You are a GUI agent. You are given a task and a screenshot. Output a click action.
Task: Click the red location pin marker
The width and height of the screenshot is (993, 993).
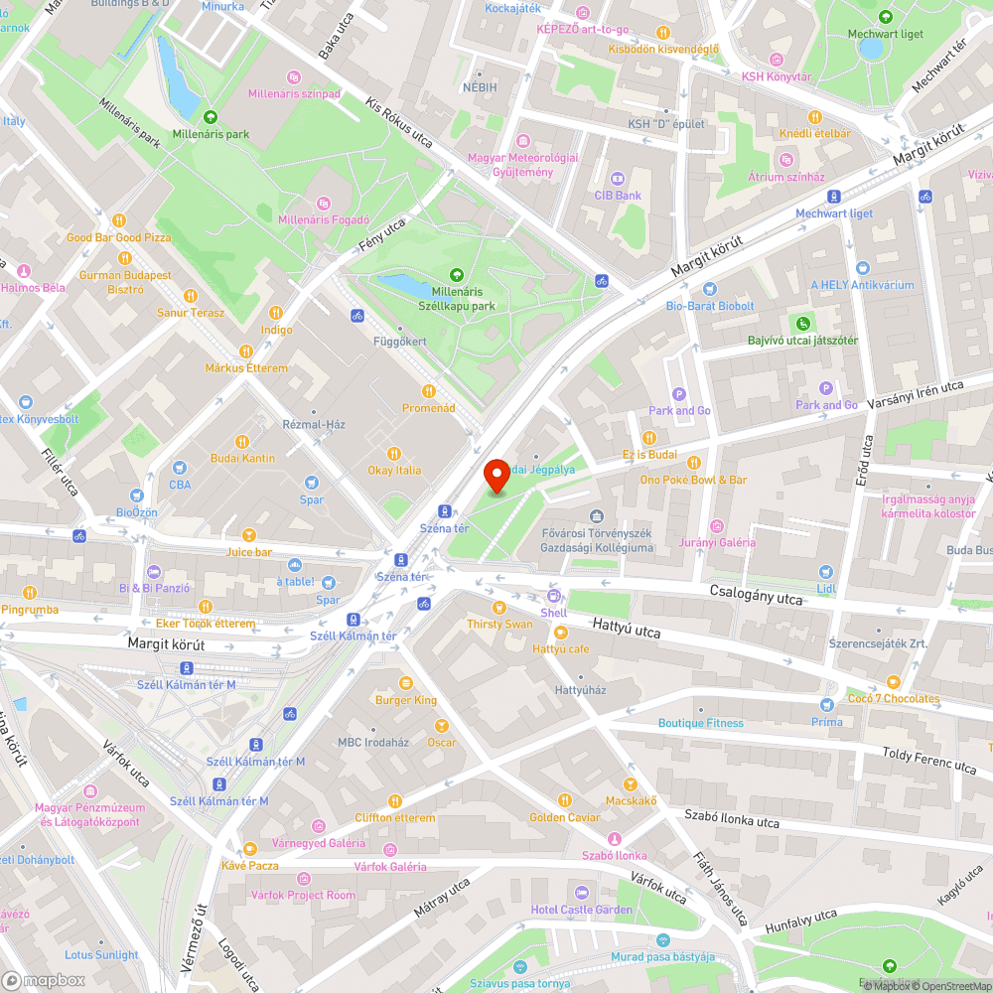pos(496,476)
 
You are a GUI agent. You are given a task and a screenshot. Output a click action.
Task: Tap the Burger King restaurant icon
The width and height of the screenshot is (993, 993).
pos(405,683)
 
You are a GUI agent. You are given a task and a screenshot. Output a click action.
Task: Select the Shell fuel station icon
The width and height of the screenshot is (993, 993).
pos(553,596)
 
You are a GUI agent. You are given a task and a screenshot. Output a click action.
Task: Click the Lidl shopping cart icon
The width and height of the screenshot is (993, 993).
pos(825,572)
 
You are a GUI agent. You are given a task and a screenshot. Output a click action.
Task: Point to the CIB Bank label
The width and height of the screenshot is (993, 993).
pos(618,196)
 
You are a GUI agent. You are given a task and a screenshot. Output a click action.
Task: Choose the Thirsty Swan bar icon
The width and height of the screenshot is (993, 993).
pos(499,607)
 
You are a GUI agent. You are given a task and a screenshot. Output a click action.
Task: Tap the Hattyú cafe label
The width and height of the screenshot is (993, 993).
pos(561,648)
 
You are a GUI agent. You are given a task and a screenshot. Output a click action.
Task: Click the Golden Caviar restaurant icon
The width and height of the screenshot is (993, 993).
pos(564,800)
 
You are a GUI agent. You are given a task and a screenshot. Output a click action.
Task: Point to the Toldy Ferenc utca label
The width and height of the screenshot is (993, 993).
pos(929,761)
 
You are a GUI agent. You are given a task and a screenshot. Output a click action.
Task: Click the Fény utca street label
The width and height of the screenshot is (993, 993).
pos(382,235)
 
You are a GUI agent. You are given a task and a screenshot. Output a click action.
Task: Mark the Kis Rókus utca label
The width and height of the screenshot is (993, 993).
pos(399,124)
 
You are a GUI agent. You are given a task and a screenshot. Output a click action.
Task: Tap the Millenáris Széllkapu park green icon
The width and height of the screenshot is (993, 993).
pos(457,275)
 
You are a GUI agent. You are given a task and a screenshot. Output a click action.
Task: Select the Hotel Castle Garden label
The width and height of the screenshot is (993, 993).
pos(581,910)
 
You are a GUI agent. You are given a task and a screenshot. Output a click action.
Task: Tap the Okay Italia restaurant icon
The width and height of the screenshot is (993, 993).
pos(394,453)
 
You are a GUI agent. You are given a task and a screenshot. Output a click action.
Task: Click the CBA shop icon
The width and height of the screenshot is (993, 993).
pos(180,468)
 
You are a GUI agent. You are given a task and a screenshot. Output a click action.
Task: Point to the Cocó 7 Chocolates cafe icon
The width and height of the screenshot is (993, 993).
pos(894,682)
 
